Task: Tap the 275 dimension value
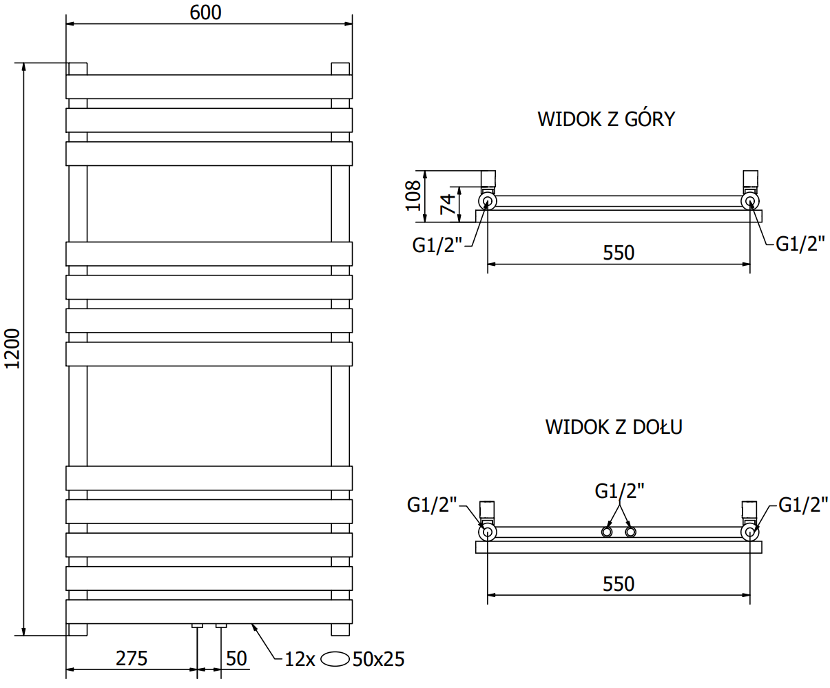[131, 658]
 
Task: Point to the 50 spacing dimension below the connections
[236, 658]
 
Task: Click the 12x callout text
[300, 659]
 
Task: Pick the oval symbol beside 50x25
[335, 659]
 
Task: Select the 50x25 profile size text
[378, 659]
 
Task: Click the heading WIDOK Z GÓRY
[606, 119]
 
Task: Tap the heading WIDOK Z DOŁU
[614, 427]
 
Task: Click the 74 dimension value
[448, 205]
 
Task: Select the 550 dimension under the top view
[619, 253]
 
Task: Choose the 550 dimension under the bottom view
[619, 584]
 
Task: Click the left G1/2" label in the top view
[435, 244]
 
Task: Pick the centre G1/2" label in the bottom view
[619, 490]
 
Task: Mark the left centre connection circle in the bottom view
[608, 532]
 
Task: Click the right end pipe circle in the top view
[750, 201]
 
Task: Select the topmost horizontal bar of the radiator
[209, 87]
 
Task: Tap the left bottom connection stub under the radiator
[198, 626]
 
